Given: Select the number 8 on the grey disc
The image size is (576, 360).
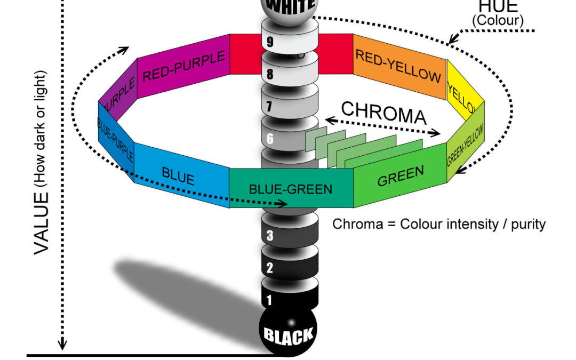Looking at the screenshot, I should pos(270,74).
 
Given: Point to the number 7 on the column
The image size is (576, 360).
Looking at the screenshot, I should pos(270,106).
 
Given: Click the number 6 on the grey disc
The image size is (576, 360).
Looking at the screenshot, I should pos(270,139).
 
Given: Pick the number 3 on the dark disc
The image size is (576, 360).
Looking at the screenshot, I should pos(270,235).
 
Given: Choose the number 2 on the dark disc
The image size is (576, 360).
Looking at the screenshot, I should pos(270,268).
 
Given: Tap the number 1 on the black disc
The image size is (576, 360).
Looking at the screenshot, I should pos(269,300).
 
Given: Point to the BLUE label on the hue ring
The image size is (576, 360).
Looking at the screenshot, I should pos(178,176).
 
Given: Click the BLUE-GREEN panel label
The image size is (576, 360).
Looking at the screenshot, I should pos(291,189).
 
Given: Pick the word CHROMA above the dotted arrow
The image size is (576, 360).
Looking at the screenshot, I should pos(383,113).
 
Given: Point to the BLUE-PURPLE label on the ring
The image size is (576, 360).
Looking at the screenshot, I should pos(115,139).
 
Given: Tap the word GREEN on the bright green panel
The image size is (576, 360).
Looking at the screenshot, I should pos(401,176).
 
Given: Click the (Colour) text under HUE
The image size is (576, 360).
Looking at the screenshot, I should pos(498,21).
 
